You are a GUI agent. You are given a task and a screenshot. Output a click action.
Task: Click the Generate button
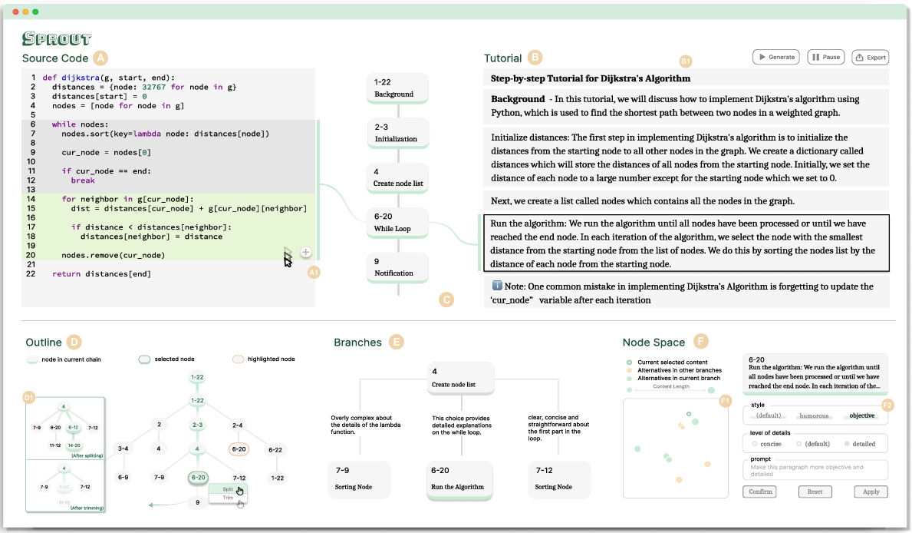pyautogui.click(x=775, y=57)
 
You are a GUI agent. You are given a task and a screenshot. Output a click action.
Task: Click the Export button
pyautogui.click(x=870, y=57)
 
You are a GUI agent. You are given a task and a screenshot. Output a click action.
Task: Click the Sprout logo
pyautogui.click(x=57, y=38)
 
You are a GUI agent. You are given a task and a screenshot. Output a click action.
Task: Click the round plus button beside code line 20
pyautogui.click(x=305, y=252)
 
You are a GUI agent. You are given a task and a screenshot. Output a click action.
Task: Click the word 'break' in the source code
pyautogui.click(x=82, y=180)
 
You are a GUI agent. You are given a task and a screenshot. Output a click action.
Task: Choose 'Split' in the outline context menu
pyautogui.click(x=228, y=488)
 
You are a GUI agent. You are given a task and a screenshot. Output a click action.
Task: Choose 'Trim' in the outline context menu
pyautogui.click(x=228, y=498)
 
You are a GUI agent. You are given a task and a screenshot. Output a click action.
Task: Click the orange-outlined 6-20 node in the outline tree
pyautogui.click(x=239, y=449)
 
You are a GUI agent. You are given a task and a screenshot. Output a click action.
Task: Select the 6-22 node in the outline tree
pyautogui.click(x=277, y=449)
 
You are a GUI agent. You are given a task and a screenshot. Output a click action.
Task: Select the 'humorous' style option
pyautogui.click(x=815, y=415)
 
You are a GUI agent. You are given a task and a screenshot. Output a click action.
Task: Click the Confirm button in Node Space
pyautogui.click(x=759, y=492)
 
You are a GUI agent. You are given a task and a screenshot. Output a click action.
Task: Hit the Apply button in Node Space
pyautogui.click(x=871, y=492)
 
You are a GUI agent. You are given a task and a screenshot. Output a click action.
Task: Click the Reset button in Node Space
pyautogui.click(x=815, y=492)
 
